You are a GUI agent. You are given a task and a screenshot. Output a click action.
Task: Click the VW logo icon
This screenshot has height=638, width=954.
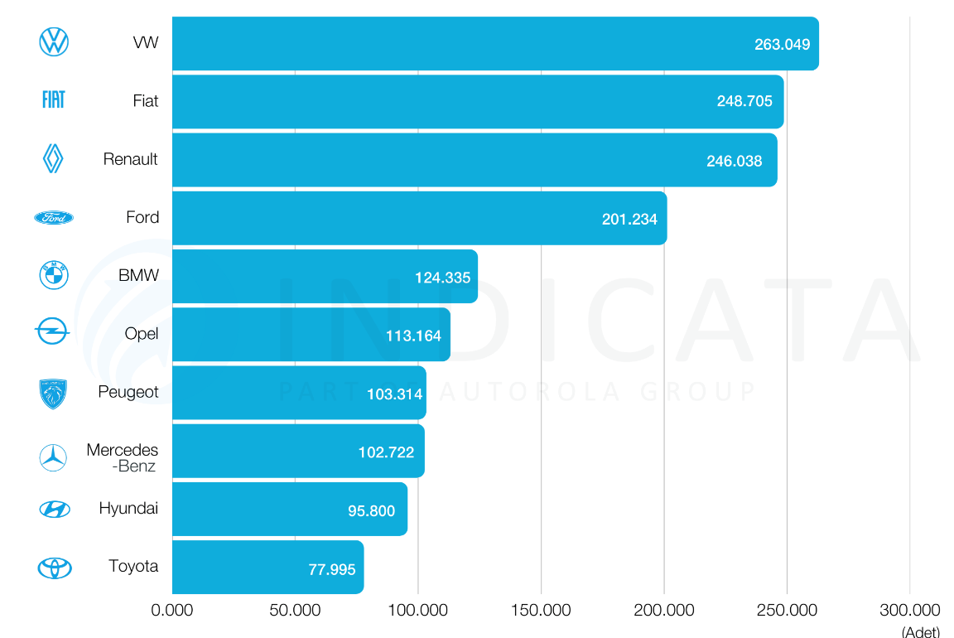pos(54,42)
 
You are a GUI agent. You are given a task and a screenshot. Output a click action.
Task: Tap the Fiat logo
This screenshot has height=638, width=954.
pos(54,100)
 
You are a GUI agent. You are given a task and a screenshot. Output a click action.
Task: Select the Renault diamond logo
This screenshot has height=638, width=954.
pos(54,158)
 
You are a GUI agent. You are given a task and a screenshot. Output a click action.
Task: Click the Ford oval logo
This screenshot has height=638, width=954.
pos(54,217)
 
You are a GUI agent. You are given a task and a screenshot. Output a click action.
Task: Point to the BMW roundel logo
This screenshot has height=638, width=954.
pos(54,275)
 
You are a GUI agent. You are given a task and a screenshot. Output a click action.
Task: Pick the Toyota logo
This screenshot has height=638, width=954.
pos(55,568)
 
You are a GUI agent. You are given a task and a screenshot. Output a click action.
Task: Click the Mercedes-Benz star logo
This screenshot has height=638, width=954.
pos(54,458)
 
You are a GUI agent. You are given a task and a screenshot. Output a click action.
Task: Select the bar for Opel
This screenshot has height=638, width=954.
pos(311,335)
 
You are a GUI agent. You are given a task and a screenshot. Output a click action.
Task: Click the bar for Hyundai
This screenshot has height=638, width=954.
pos(289,510)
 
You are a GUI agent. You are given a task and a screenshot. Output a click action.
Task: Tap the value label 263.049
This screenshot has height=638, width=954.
pos(782,45)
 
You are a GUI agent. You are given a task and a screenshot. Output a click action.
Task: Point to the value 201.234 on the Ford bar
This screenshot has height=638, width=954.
pos(629,220)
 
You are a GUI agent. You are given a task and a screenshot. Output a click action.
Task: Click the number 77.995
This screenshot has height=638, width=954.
pos(332,569)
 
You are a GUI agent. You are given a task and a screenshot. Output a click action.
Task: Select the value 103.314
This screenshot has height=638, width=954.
pos(394,394)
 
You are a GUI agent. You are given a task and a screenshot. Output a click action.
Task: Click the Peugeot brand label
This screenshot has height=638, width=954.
pos(128,392)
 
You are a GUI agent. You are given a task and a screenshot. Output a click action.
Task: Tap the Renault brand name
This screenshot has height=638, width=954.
pos(130,159)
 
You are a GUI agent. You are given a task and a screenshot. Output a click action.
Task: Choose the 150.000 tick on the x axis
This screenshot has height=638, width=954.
pos(542,611)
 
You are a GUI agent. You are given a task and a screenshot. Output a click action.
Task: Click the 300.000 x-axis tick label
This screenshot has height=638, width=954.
pos(909,611)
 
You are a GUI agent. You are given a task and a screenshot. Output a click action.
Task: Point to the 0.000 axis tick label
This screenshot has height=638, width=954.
pos(172,611)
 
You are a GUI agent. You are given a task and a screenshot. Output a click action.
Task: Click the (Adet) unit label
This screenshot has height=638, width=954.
pos(921,631)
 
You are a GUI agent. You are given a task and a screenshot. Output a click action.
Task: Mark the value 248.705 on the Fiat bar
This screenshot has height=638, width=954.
pos(744,102)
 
